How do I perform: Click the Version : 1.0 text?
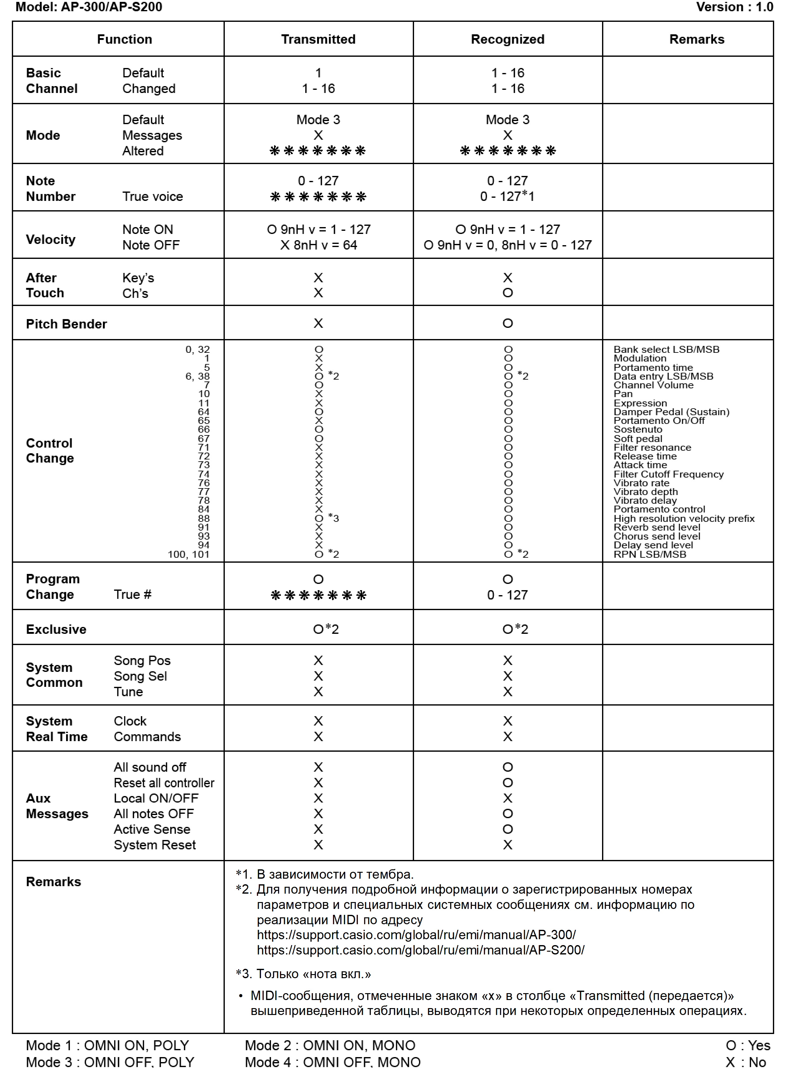click(x=734, y=7)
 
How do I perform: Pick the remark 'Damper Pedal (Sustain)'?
click(x=671, y=412)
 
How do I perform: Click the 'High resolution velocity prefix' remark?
click(x=684, y=518)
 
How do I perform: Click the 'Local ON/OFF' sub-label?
click(x=156, y=798)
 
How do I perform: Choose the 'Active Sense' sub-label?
click(x=152, y=829)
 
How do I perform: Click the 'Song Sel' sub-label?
click(x=140, y=676)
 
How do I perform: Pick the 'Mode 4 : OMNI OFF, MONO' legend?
click(x=333, y=1061)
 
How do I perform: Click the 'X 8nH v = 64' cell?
click(x=318, y=245)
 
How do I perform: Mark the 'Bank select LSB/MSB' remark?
click(x=666, y=349)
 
